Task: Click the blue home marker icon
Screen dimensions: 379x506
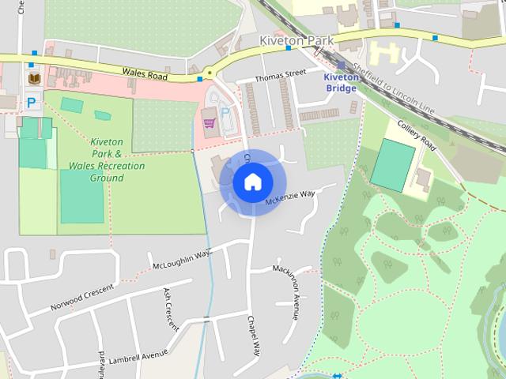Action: coord(252,182)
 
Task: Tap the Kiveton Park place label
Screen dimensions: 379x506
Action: coord(296,39)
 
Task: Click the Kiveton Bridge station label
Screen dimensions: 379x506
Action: coord(340,82)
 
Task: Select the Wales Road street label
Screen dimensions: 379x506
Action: coord(147,73)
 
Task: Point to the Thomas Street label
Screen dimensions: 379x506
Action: coord(280,75)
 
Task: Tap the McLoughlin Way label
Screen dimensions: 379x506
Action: coord(182,258)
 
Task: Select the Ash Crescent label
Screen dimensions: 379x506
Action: coord(171,309)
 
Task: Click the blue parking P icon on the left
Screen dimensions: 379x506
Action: coord(32,102)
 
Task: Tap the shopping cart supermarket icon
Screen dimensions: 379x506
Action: coord(210,122)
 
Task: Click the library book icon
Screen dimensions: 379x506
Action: coord(34,78)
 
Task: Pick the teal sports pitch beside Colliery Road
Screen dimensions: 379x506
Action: coord(393,164)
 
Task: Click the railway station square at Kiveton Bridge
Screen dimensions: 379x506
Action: coord(342,66)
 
